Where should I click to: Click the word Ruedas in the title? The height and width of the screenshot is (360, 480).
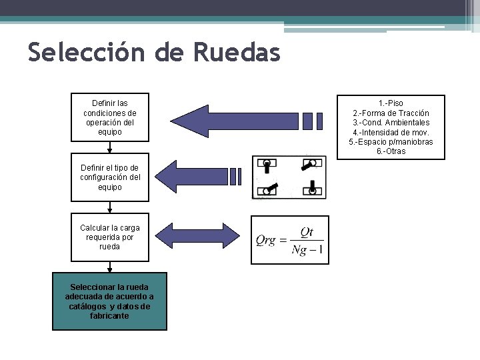(x=237, y=52)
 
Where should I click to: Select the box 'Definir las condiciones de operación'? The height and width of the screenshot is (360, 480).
(x=110, y=118)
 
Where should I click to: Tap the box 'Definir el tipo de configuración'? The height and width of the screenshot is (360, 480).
(x=110, y=177)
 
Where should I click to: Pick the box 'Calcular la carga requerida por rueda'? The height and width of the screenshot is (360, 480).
(x=110, y=237)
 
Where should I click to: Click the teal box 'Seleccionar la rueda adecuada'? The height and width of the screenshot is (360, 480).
(x=110, y=301)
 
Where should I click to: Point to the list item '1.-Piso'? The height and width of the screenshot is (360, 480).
(x=391, y=104)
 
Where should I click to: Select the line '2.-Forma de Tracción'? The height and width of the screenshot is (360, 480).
(x=391, y=113)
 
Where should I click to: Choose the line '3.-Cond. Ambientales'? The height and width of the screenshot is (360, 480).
(x=391, y=123)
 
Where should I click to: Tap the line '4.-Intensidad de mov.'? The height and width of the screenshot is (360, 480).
(x=391, y=132)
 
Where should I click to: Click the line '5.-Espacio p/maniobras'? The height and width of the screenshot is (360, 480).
(x=391, y=142)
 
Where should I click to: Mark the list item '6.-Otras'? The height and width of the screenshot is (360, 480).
(x=391, y=151)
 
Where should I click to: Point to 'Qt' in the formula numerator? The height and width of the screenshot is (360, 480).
(x=307, y=232)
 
